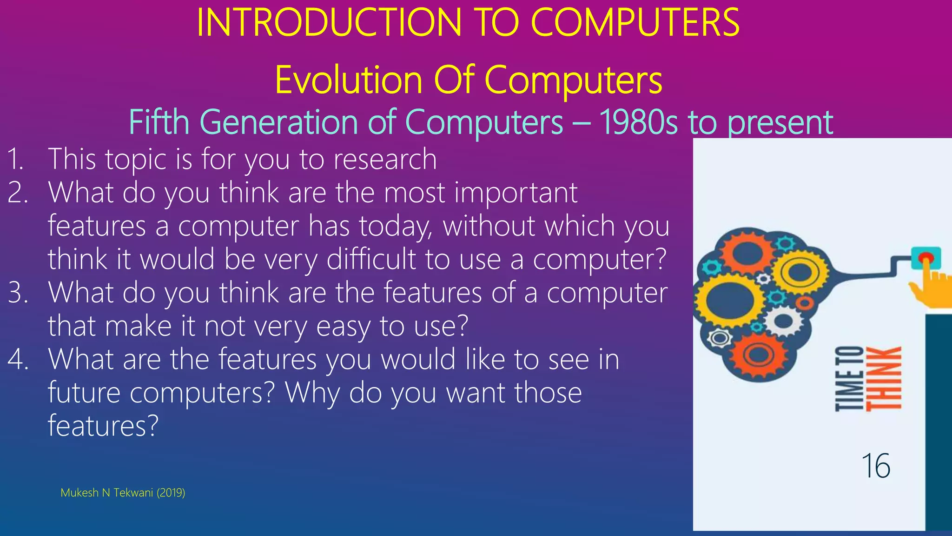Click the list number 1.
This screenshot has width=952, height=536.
[15, 159]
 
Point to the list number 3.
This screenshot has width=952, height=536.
[18, 293]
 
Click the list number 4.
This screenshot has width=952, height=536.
[18, 360]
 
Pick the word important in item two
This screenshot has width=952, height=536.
[516, 193]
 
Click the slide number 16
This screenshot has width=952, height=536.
[876, 466]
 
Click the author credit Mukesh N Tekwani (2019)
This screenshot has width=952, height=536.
[123, 493]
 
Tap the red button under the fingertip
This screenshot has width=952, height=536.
[925, 257]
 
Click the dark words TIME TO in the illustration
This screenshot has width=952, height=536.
[849, 379]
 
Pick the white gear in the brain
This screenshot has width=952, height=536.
[784, 321]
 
